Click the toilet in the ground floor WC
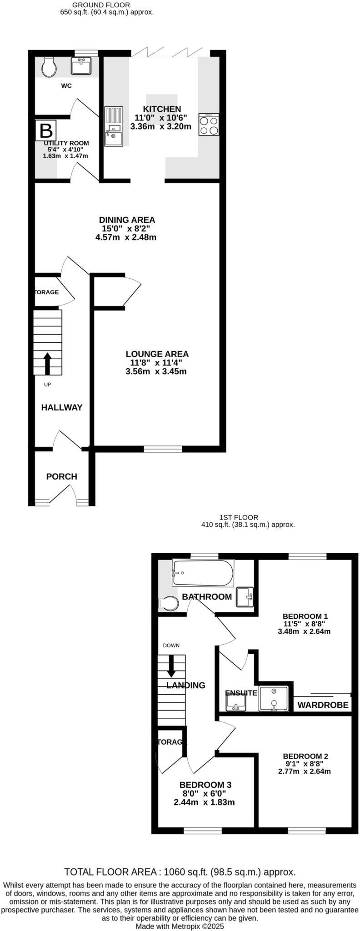pyautogui.click(x=48, y=67)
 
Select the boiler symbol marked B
pyautogui.click(x=46, y=130)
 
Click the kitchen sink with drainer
pyautogui.click(x=113, y=126)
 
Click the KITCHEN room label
pyautogui.click(x=162, y=109)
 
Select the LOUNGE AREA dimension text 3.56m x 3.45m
pyautogui.click(x=156, y=371)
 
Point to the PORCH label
pyautogui.click(x=62, y=476)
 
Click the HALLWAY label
pyautogui.click(x=62, y=407)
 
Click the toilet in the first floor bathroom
pyautogui.click(x=168, y=604)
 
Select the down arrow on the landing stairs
pyautogui.click(x=171, y=666)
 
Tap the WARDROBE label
pyautogui.click(x=323, y=705)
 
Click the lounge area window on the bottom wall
pyautogui.click(x=163, y=449)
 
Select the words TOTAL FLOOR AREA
pyautogui.click(x=110, y=872)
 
